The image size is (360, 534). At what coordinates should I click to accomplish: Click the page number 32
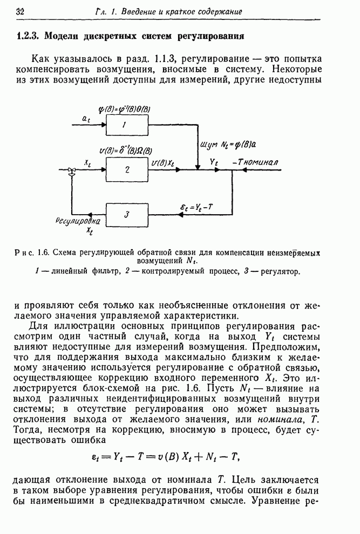pos(22,11)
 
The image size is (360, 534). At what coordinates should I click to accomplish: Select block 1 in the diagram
pos(125,125)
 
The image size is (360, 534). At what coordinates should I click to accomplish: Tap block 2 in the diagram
pos(126,170)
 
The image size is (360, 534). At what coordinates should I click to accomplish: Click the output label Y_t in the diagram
pos(213,161)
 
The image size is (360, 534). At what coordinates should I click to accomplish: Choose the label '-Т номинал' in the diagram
pos(255,161)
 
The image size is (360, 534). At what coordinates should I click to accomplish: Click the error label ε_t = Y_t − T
pos(196,207)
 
